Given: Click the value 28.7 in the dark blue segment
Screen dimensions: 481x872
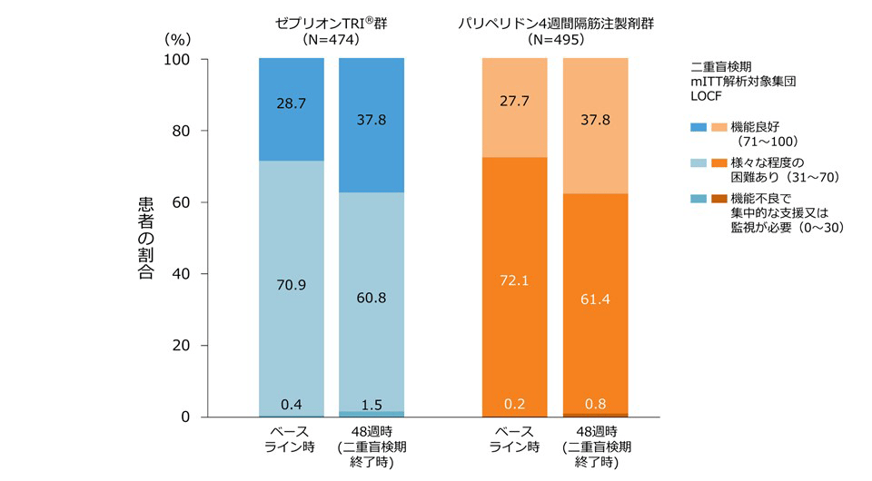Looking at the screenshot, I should coord(292,105).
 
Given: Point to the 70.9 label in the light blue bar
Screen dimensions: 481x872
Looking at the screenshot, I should coord(292,284).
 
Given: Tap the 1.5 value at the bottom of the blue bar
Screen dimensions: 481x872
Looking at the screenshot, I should coord(371,404).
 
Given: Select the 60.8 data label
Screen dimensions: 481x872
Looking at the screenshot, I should coord(371,297).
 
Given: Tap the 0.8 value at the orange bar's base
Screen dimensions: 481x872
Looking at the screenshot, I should coord(595,404).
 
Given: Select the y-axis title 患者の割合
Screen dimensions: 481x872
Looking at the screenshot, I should coord(145,238).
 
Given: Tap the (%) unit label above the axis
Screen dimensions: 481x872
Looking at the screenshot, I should coord(177,40).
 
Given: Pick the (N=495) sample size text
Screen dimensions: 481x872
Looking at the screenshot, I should coord(555,40).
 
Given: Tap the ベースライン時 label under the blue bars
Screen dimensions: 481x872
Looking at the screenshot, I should coord(292,438).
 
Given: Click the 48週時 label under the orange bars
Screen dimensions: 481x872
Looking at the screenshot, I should coord(595,431).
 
